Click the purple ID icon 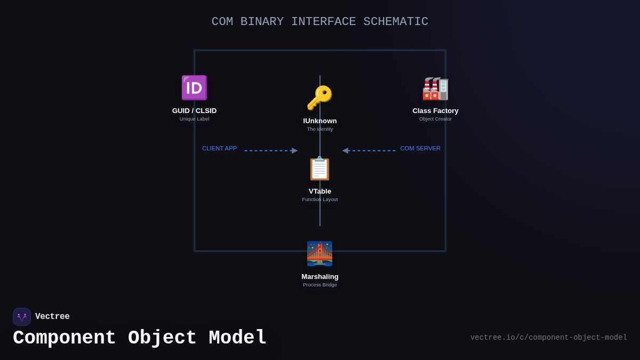coord(194,88)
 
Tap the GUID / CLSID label coord(194,111)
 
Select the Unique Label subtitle coord(194,119)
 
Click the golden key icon coord(319,98)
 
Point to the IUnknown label coord(320,121)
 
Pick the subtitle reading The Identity coord(320,129)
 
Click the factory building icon coord(435,89)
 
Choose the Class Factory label coord(435,111)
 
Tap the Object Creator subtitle coord(435,119)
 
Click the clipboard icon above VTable coord(319,169)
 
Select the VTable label coord(320,191)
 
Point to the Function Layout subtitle coord(320,199)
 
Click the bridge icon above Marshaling coord(319,254)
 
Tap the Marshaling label coord(320,277)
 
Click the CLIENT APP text coord(219,148)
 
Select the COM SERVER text coord(420,148)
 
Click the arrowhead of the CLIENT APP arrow coord(295,150)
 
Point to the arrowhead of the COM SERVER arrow coord(345,150)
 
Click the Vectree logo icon coord(22,317)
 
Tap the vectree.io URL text coord(548,338)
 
